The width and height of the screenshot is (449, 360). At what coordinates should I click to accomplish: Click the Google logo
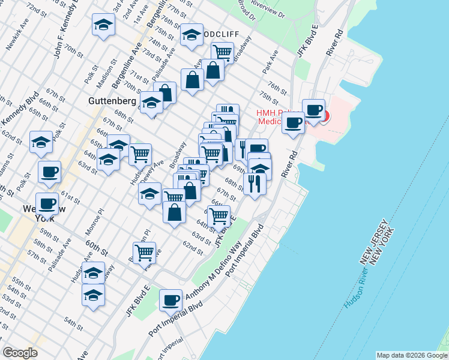(x=20, y=353)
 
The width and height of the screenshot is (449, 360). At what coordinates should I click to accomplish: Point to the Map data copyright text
(x=411, y=355)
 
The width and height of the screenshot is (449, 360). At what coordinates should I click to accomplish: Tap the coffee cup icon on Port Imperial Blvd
(x=171, y=299)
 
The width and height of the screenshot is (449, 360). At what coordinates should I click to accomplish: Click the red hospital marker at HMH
(x=325, y=116)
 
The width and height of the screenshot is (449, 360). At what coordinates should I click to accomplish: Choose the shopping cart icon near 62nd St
(x=144, y=253)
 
